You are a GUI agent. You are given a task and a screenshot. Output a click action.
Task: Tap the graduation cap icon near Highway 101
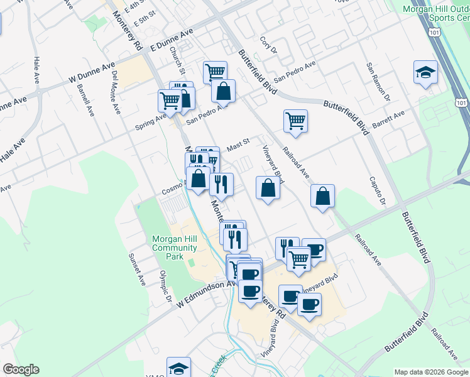coord(425,72)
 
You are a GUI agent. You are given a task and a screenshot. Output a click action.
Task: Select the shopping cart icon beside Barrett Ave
coord(295,121)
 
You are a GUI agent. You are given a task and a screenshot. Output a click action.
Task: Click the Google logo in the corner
coord(20,369)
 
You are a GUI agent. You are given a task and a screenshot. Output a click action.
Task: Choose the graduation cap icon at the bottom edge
coord(178,367)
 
